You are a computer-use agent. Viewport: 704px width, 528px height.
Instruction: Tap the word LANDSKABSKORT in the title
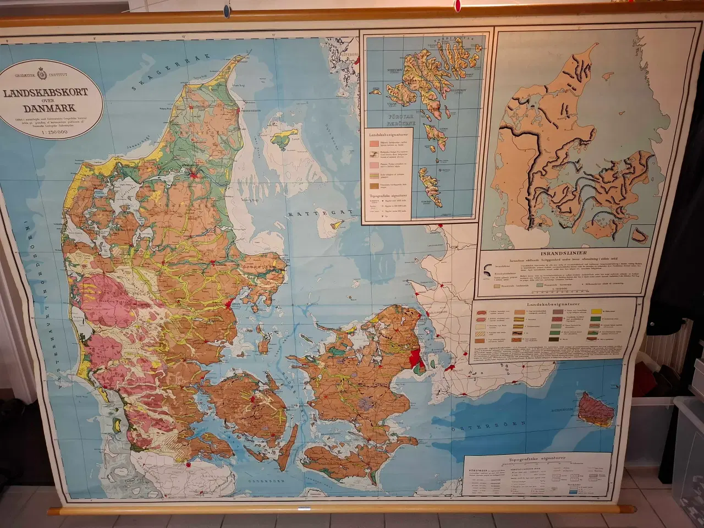[x=46, y=92]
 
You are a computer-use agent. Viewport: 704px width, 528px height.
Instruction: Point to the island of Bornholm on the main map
[x=598, y=410]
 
